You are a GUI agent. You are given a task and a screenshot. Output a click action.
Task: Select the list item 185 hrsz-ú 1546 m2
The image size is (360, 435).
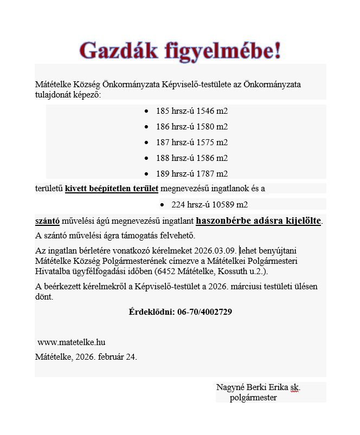192,111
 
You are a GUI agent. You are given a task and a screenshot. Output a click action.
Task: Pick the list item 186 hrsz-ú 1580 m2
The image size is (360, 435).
192,127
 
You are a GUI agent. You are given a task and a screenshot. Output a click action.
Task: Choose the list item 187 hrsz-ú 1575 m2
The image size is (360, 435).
192,142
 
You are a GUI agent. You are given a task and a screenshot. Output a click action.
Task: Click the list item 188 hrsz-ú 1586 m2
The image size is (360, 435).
192,158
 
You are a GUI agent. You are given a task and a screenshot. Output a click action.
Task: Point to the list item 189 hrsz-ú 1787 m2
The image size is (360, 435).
192,174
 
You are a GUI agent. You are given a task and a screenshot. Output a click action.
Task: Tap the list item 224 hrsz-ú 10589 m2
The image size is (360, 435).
209,205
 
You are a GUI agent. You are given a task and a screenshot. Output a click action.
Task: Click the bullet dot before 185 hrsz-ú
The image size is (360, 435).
147,111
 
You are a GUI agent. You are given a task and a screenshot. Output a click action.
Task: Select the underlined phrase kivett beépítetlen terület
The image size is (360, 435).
112,189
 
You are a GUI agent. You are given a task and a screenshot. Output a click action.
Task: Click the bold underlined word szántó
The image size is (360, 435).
47,221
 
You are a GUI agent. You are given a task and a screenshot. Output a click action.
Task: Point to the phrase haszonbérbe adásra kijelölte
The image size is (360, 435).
258,221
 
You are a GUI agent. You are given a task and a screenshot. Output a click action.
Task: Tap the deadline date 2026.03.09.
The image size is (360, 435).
216,251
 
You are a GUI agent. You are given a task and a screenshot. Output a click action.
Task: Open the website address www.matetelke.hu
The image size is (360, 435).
72,342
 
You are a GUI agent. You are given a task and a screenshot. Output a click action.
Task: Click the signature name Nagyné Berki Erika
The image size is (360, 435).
251,387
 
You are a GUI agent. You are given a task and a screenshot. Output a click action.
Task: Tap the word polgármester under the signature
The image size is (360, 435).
253,398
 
